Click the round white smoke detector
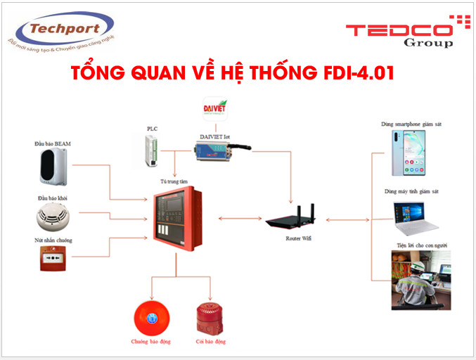pyautogui.click(x=53, y=217)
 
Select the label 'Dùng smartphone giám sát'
pyautogui.click(x=411, y=124)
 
